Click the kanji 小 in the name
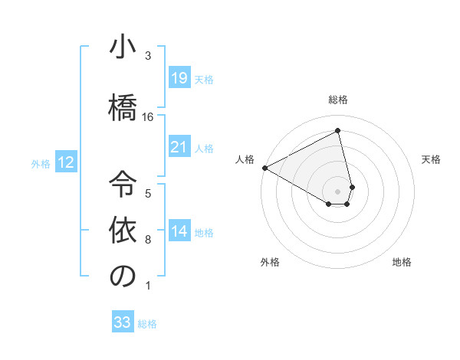(123, 47)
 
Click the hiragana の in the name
(123, 277)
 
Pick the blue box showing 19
(179, 77)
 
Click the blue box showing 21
(179, 147)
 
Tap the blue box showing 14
(179, 231)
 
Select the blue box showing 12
(65, 162)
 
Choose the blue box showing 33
(122, 322)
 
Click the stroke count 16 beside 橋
(148, 116)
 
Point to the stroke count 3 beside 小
(148, 56)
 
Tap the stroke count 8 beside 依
(148, 240)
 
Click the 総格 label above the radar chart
(337, 100)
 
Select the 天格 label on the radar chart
(431, 159)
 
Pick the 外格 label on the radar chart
(270, 262)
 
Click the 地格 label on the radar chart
(402, 262)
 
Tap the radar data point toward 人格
(264, 167)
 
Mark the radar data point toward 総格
(337, 131)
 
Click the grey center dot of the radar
(337, 191)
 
